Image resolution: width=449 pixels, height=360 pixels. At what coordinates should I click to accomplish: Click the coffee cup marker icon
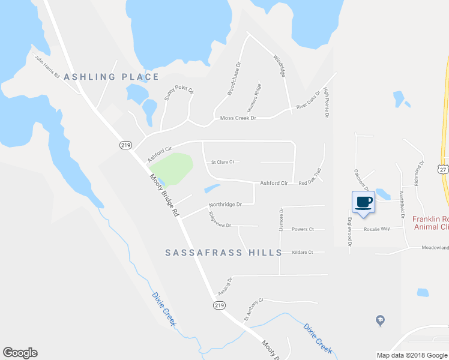363,202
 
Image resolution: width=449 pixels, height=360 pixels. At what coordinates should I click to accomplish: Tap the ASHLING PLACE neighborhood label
111,77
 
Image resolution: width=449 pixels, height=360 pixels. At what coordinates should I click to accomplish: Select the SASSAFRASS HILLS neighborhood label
223,253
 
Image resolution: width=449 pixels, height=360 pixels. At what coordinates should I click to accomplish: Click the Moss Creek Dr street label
238,118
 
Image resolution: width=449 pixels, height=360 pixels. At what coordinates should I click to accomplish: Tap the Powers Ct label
303,229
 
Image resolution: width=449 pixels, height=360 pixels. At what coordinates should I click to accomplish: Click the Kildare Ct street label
302,253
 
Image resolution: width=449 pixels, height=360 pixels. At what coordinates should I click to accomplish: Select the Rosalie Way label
376,229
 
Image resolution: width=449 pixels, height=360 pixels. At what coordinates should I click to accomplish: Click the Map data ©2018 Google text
411,355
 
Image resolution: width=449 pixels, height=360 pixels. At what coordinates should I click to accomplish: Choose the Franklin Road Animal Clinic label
430,223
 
